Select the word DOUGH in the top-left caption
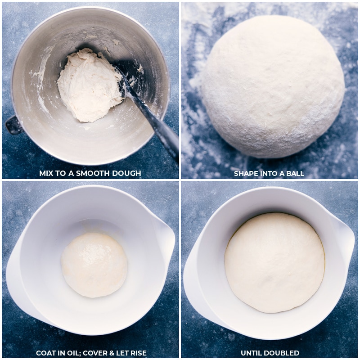[x=127, y=173]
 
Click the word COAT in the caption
[x=46, y=353]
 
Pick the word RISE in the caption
[x=137, y=353]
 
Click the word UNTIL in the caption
[x=252, y=353]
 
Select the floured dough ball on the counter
[x=272, y=85]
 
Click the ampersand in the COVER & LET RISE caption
[x=110, y=353]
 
